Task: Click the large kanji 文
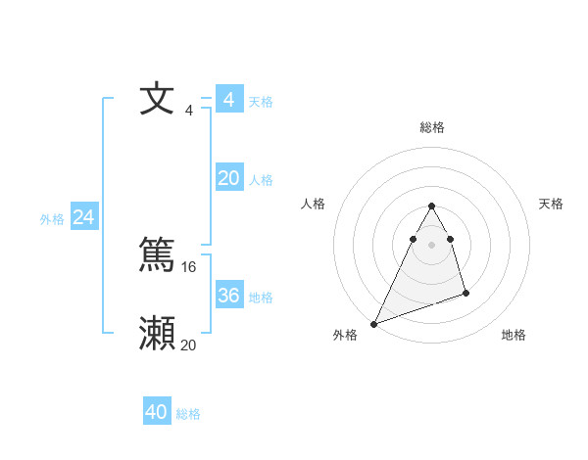click(x=157, y=100)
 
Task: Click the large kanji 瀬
click(x=157, y=334)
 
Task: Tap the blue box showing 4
click(x=228, y=100)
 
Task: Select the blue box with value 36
click(x=228, y=296)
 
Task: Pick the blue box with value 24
click(x=84, y=217)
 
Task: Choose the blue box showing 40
click(x=157, y=412)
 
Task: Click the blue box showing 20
click(x=228, y=178)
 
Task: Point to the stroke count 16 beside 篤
click(x=189, y=266)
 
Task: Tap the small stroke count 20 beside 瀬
click(x=189, y=345)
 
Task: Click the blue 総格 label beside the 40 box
click(x=188, y=414)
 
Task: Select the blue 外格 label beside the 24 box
click(x=52, y=219)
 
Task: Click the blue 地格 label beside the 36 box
click(x=261, y=298)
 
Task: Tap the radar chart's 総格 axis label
click(x=432, y=127)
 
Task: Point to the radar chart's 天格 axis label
click(x=552, y=204)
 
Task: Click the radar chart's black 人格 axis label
click(x=313, y=204)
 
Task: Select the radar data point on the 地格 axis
click(x=465, y=293)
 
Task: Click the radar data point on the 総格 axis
click(x=432, y=206)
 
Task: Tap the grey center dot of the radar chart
click(x=432, y=245)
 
